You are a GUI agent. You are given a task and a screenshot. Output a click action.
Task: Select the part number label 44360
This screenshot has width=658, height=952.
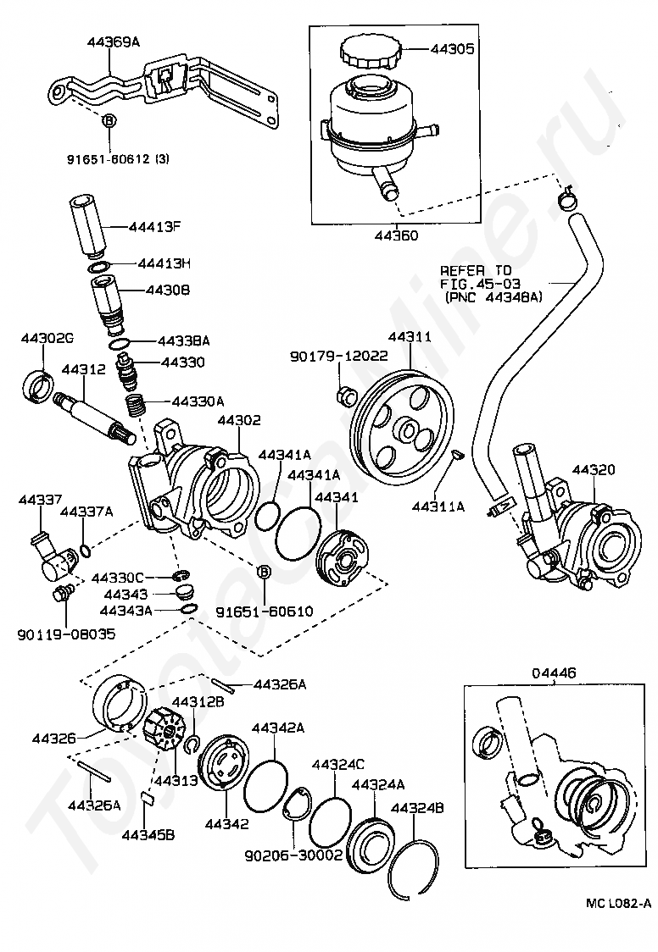(395, 235)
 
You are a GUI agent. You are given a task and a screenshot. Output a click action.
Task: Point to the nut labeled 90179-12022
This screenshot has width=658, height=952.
(345, 396)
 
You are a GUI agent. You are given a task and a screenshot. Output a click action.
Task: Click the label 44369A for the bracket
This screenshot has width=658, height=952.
(114, 42)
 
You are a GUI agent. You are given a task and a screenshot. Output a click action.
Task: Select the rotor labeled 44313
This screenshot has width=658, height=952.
(166, 732)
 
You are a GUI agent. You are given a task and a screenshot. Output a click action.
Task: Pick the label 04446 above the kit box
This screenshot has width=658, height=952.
(554, 672)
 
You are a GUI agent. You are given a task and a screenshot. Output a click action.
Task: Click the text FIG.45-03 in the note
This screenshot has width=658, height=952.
(480, 284)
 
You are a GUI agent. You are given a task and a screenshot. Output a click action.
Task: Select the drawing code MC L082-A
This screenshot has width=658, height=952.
(618, 920)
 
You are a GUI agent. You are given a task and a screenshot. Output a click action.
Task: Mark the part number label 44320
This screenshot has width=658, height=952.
(593, 469)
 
